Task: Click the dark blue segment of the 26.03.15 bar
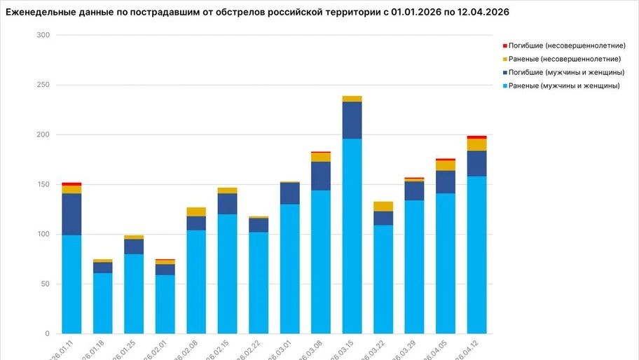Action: (352, 120)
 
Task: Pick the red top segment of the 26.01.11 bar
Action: (71, 184)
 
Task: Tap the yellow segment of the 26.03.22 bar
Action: (383, 207)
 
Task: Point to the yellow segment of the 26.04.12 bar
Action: (477, 145)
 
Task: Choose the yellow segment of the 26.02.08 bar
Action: (196, 212)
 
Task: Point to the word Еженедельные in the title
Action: (39, 12)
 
